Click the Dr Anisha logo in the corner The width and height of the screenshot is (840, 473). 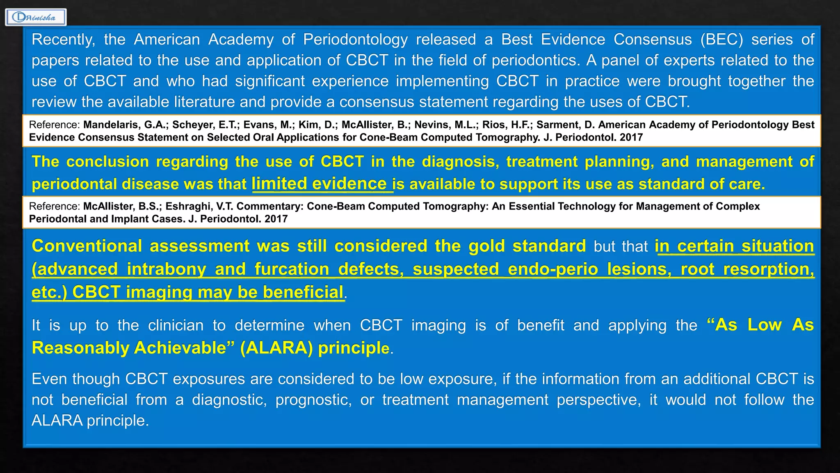tap(36, 17)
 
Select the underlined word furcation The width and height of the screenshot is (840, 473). tap(292, 269)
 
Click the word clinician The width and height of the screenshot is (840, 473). tap(176, 325)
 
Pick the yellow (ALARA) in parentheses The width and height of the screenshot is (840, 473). tap(276, 348)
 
